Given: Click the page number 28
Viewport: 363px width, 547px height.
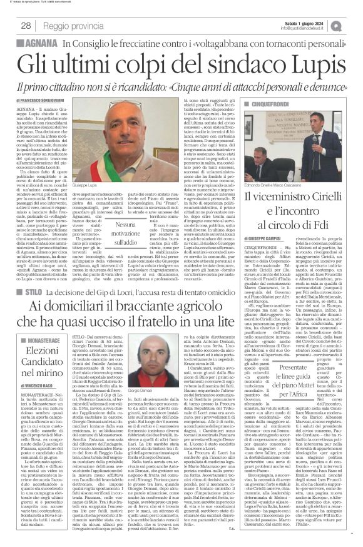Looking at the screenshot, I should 27,25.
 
